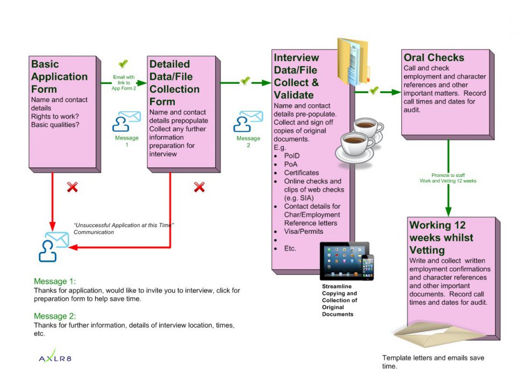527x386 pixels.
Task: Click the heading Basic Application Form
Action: [x=59, y=76]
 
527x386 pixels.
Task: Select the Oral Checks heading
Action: [x=433, y=58]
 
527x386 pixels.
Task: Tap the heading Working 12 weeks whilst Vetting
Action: [x=441, y=237]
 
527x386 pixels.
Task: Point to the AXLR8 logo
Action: [x=55, y=358]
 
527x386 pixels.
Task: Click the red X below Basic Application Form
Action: [x=72, y=187]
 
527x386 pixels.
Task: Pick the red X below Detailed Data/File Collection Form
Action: [x=199, y=187]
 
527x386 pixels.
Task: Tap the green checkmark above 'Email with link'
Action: [x=123, y=64]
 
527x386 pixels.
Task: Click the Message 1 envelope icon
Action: [x=126, y=121]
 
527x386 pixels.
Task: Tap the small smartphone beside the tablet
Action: [x=367, y=267]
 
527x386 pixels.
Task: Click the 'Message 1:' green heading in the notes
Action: [x=55, y=281]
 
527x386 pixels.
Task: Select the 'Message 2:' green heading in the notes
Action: [x=55, y=316]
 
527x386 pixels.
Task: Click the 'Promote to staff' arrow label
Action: [x=447, y=178]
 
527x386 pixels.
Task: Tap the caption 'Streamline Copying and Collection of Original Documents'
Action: [x=339, y=300]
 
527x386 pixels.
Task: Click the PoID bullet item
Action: [x=292, y=156]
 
